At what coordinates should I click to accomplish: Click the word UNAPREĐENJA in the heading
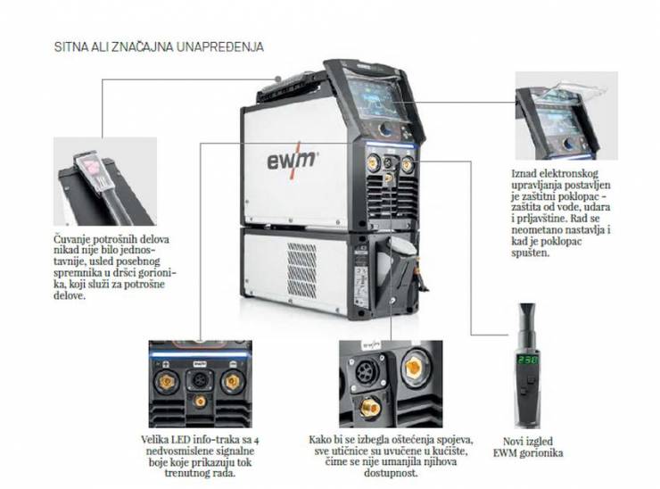pyautogui.click(x=220, y=46)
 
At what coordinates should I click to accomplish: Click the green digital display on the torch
pyautogui.click(x=527, y=361)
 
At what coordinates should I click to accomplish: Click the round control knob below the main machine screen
pyautogui.click(x=386, y=129)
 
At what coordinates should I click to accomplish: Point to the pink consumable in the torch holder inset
pyautogui.click(x=92, y=167)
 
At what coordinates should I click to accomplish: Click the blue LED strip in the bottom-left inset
pyautogui.click(x=200, y=354)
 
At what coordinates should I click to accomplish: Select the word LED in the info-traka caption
pyautogui.click(x=180, y=440)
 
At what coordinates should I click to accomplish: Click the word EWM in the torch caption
pyautogui.click(x=504, y=453)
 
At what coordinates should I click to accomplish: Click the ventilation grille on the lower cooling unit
pyautogui.click(x=301, y=270)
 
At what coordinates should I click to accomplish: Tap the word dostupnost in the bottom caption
pyautogui.click(x=391, y=474)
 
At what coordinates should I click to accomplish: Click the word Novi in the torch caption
pyautogui.click(x=514, y=442)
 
